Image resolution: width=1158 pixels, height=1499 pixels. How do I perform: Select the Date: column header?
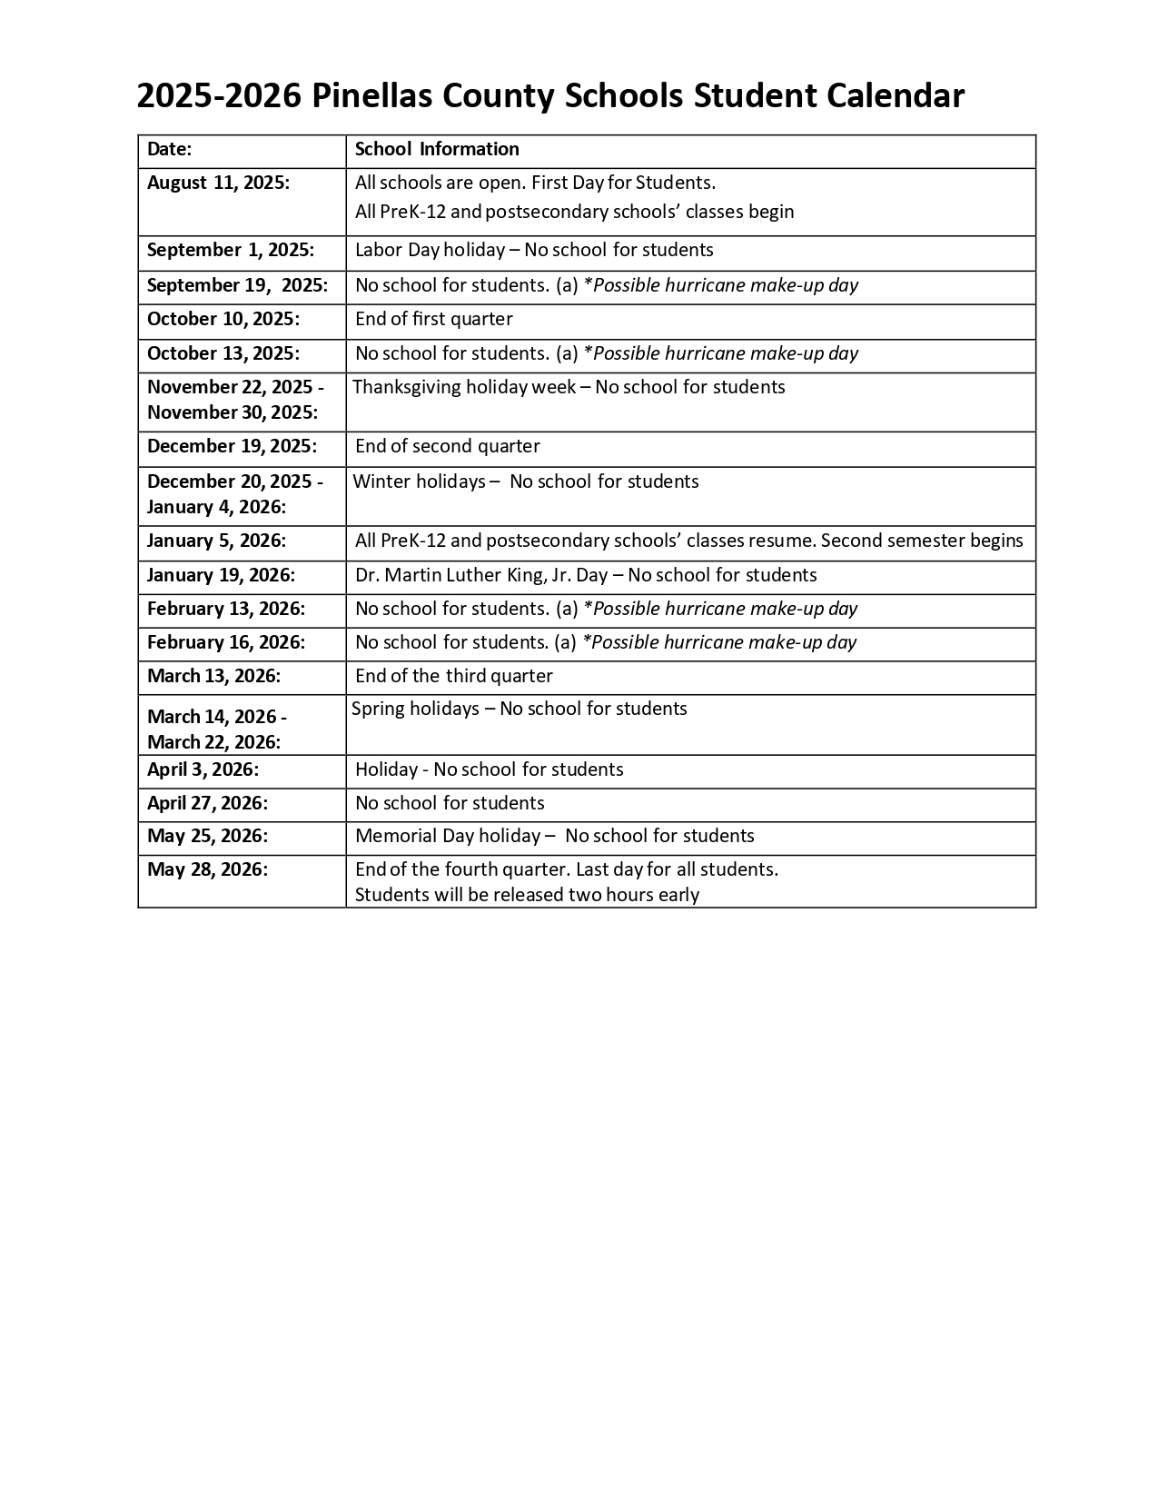pos(170,149)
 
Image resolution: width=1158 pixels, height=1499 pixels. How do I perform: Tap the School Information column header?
pos(437,149)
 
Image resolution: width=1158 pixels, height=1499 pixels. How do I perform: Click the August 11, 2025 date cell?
pos(219,183)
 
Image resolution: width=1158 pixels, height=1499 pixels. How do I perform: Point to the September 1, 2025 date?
pos(231,250)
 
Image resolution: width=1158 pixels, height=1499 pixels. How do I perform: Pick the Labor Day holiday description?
pos(534,250)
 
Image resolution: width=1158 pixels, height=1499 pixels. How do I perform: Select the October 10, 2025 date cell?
pos(223,319)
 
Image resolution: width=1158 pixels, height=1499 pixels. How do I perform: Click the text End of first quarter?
pos(434,319)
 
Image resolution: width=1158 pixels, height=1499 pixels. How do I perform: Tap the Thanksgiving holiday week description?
pos(569,387)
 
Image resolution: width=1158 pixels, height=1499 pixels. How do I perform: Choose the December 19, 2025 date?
pos(233,446)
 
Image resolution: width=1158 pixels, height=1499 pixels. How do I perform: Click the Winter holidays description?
pos(526,481)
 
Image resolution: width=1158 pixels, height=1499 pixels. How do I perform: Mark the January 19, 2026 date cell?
pos(222,575)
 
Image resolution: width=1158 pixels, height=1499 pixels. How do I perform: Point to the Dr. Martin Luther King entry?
pos(586,575)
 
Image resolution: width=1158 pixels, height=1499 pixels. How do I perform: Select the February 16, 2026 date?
pos(226,642)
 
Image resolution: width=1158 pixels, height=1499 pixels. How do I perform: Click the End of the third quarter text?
pos(454,676)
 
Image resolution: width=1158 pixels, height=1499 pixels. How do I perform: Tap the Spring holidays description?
pos(520,709)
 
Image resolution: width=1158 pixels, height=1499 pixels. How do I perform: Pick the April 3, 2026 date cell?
pos(203,769)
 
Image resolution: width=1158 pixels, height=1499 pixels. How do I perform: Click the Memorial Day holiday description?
pos(555,836)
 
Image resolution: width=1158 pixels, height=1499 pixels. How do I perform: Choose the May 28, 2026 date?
pos(208,869)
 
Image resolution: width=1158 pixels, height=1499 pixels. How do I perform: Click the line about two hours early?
pos(527,895)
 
